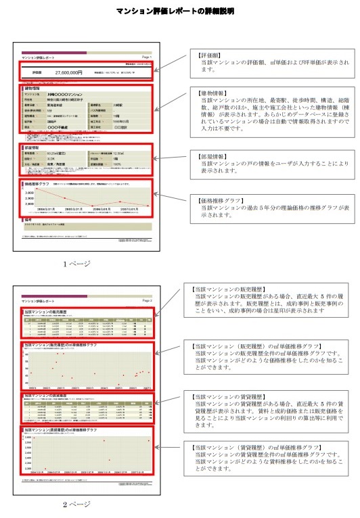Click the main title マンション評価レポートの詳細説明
(x=179, y=11)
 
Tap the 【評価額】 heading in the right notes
(x=210, y=53)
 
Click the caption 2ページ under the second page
(x=76, y=504)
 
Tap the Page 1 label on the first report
(x=147, y=57)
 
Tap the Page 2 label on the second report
(x=147, y=298)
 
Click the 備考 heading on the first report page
(x=28, y=219)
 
